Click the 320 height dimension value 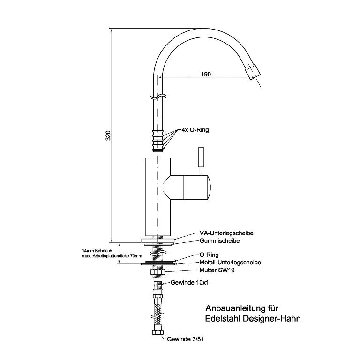click(x=108, y=135)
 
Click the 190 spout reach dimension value click(x=206, y=74)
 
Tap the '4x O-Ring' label click(x=195, y=130)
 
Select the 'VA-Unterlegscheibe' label click(x=226, y=233)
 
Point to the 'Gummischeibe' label click(x=219, y=240)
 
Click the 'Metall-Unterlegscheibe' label click(x=230, y=262)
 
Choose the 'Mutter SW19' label click(x=217, y=270)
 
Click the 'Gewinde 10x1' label click(x=190, y=282)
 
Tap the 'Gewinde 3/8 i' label click(x=185, y=339)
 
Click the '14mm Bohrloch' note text click(x=97, y=251)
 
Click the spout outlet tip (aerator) click(x=253, y=72)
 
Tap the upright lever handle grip click(x=201, y=157)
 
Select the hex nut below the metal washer click(x=158, y=271)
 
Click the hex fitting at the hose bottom click(x=157, y=332)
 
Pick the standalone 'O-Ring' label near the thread click(x=209, y=255)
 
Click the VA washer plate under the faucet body click(x=158, y=240)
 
